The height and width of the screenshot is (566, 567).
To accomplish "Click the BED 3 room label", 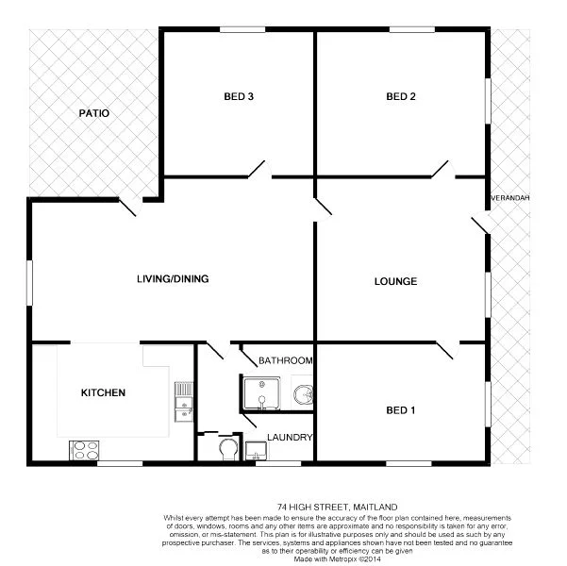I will pyautogui.click(x=239, y=96).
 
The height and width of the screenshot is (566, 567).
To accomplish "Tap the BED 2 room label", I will pyautogui.click(x=401, y=96).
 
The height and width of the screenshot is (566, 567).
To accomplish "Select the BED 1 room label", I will pyautogui.click(x=401, y=409).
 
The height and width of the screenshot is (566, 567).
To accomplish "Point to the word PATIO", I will pyautogui.click(x=93, y=113).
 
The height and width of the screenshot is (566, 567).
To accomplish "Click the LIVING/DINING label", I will pyautogui.click(x=172, y=278).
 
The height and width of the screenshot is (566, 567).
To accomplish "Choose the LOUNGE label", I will pyautogui.click(x=395, y=281).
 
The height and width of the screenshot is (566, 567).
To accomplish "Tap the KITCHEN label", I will pyautogui.click(x=103, y=392).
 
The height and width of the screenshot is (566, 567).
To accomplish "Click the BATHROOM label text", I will pyautogui.click(x=285, y=360).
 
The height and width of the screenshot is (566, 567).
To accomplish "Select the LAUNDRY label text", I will pyautogui.click(x=290, y=437).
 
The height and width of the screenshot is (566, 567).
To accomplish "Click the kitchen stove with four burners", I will pyautogui.click(x=84, y=450).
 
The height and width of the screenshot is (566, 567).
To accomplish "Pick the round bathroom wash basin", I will pyautogui.click(x=302, y=393).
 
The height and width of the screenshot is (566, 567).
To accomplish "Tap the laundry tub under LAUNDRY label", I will pyautogui.click(x=257, y=452).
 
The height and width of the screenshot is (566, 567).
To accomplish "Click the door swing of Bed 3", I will pyautogui.click(x=257, y=170).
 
